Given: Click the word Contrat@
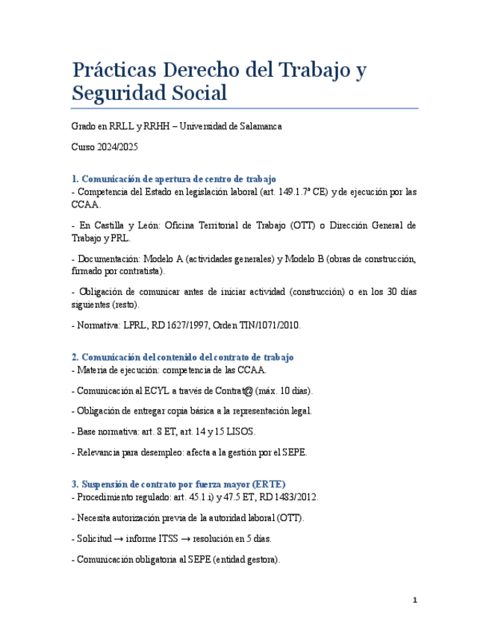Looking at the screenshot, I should pos(237,390).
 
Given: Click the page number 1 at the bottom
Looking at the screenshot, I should pos(415,600).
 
